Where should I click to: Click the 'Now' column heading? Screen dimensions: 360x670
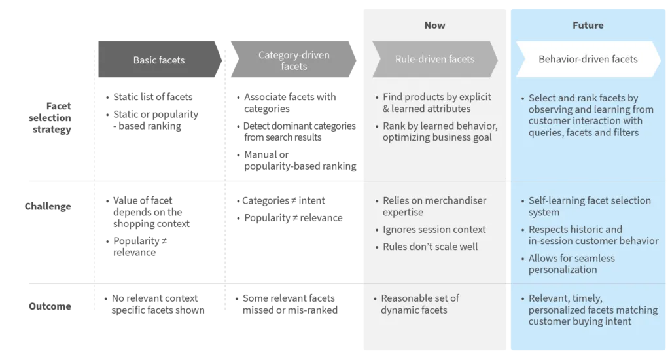point(434,26)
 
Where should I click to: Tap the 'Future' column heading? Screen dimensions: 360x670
point(588,26)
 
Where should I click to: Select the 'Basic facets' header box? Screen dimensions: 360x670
point(159,60)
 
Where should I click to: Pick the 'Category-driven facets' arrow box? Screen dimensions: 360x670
point(294,60)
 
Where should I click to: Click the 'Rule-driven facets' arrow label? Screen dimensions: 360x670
point(434,59)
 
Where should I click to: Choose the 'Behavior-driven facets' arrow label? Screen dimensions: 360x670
point(588,59)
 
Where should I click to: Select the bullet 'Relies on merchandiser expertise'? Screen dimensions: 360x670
point(434,206)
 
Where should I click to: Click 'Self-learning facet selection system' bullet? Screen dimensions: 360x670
point(589,206)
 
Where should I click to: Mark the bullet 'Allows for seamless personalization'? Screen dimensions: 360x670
point(571,264)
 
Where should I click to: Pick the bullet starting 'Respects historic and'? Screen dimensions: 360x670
point(593,235)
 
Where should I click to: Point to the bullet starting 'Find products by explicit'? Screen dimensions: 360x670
point(436,103)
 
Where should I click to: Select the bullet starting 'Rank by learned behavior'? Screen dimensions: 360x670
point(436,132)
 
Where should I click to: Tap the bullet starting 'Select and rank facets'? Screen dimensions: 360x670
point(585,115)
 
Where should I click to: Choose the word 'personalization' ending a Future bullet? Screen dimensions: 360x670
point(563,270)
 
